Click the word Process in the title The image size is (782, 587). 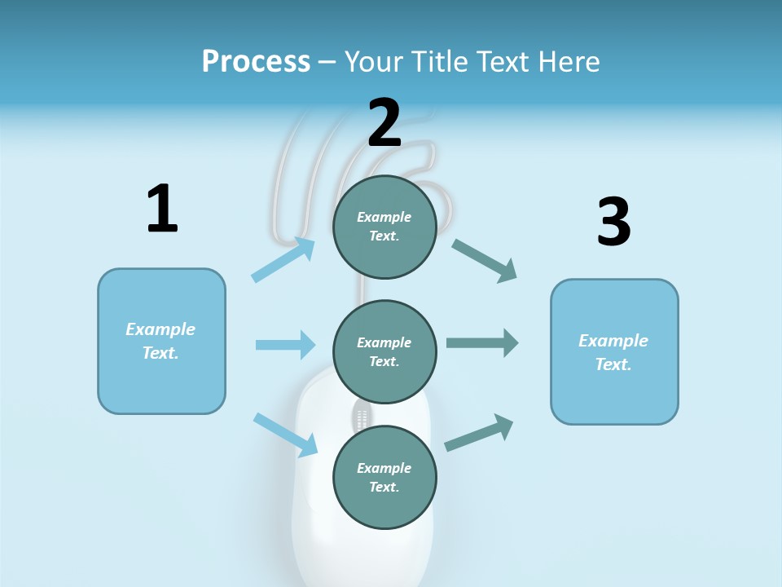[256, 61]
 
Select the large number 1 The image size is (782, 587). [162, 210]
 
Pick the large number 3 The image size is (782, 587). [613, 222]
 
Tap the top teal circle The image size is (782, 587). [384, 227]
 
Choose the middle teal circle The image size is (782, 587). [384, 352]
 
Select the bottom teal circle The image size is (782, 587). [384, 478]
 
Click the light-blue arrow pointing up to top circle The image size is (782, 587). [283, 259]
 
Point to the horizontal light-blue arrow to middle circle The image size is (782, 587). [285, 345]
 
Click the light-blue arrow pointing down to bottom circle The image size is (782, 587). [285, 434]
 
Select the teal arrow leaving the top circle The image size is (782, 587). [484, 260]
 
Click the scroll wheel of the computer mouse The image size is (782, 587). [361, 419]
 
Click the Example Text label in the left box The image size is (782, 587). [160, 341]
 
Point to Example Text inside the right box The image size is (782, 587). [613, 352]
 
